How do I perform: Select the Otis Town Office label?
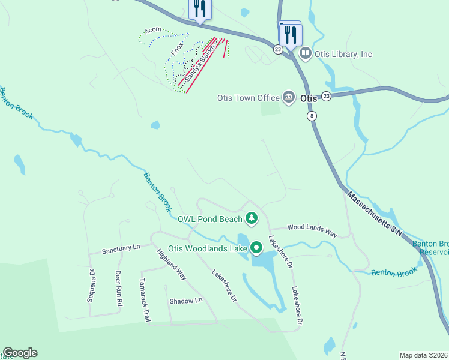249,98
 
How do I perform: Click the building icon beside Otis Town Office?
288,97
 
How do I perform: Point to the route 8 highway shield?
312,116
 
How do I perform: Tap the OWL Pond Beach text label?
209,220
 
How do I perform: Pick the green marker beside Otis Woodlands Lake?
257,247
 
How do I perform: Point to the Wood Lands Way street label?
312,227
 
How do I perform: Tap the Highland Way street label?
172,265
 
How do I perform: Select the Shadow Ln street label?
185,301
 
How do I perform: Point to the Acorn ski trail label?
154,29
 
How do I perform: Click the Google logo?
20,353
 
